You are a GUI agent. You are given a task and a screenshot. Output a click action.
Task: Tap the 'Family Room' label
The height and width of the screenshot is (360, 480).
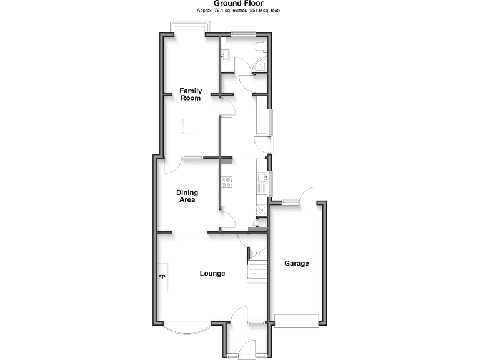[x=191, y=94]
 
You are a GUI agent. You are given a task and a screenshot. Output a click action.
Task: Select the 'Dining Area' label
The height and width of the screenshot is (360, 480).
[x=186, y=196]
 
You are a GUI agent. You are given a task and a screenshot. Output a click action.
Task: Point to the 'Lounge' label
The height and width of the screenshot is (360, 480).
[x=212, y=274]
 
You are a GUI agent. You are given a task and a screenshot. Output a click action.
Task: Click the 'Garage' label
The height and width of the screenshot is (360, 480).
[x=297, y=264]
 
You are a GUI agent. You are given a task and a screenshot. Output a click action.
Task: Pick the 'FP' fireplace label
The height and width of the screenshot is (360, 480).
[x=161, y=277]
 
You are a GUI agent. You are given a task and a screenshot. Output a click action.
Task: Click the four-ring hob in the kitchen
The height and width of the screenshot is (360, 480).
[x=226, y=183]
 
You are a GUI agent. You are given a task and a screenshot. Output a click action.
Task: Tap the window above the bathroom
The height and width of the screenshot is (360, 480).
[x=242, y=33]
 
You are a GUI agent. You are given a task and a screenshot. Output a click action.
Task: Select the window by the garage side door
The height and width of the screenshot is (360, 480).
[x=289, y=201]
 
